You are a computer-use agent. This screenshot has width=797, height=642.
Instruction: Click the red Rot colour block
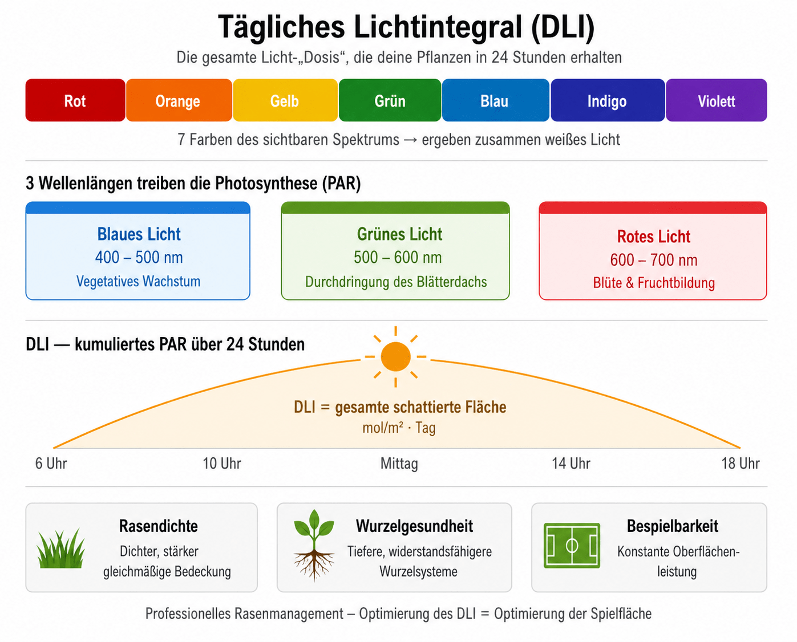pos(75,100)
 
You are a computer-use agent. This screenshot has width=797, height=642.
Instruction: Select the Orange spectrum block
pos(179,100)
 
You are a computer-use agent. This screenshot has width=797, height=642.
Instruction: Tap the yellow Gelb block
pos(285,100)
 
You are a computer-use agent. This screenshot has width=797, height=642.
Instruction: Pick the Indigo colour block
pos(608,100)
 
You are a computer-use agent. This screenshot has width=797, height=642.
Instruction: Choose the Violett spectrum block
pos(716,100)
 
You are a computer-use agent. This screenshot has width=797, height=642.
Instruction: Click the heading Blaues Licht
pos(139,234)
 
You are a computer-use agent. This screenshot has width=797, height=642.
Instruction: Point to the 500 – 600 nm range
pos(398,257)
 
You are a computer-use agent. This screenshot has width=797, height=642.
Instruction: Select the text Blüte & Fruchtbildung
pos(654,283)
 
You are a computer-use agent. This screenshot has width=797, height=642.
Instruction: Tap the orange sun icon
pos(395,356)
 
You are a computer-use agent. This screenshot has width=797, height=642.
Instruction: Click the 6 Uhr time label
pos(51,464)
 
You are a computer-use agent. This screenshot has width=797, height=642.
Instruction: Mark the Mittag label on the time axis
pos(399,464)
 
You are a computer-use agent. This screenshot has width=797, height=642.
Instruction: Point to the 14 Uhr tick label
pos(571,464)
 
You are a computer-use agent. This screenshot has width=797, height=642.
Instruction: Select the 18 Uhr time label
pos(741,464)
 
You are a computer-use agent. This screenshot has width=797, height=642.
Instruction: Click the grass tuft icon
pos(61,548)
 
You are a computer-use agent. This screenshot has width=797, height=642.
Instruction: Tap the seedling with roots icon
pos(314,546)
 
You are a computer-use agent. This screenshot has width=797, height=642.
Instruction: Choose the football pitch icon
pos(572,546)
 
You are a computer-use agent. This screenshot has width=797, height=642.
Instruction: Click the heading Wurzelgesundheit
pos(414,526)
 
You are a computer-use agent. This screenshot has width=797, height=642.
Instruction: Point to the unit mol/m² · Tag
pos(399,428)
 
